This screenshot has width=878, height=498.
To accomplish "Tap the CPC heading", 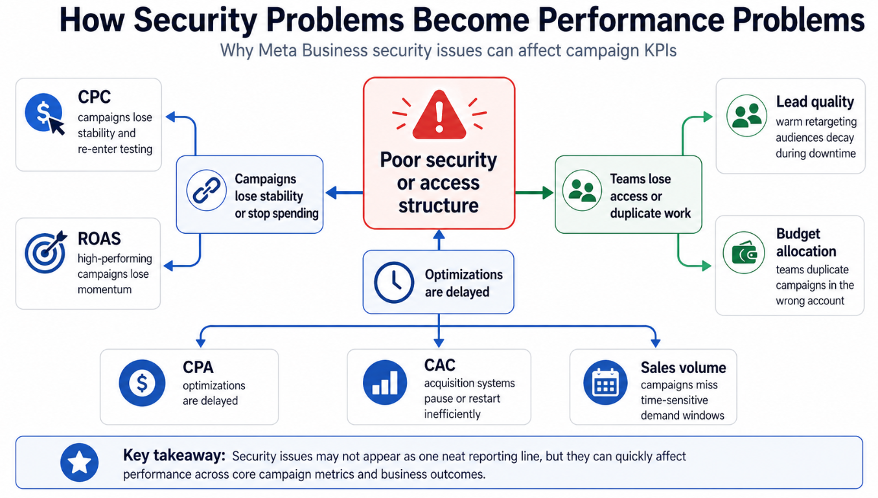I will tap(94, 97).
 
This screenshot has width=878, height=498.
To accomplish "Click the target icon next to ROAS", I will tap(45, 252).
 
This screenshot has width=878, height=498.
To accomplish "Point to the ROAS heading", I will tap(99, 238).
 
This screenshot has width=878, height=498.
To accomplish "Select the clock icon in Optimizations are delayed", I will tap(394, 282).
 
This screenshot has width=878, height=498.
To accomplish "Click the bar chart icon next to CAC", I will tap(385, 382).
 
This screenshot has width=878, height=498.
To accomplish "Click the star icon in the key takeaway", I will tap(79, 462).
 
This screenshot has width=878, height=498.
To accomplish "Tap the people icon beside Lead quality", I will tap(746, 116).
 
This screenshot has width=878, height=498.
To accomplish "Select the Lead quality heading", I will tap(814, 102).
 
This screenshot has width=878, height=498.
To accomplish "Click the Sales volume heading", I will tap(683, 367).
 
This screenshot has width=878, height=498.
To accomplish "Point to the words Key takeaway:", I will tap(174, 456).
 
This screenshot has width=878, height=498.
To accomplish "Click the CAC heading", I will tap(439, 365).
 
